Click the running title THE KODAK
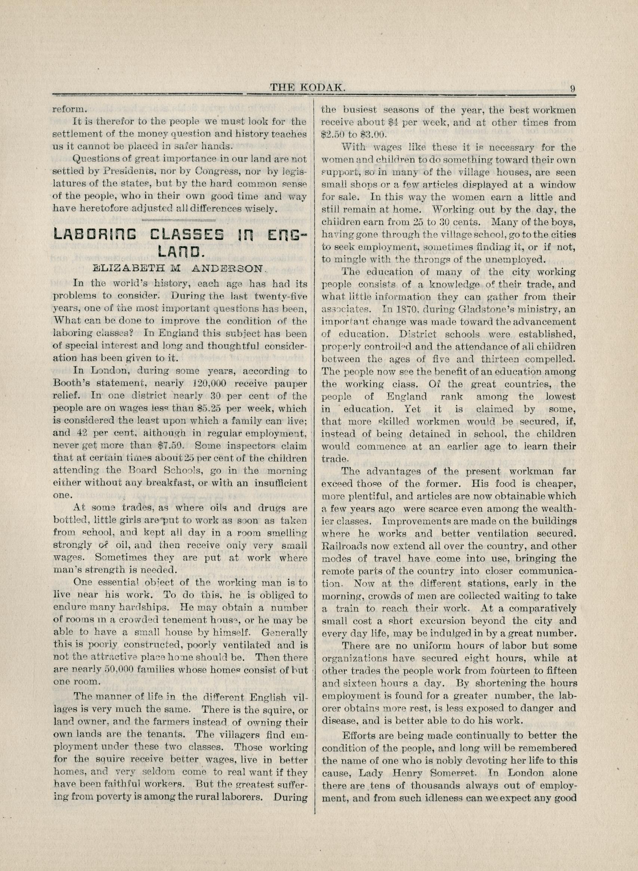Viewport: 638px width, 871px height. [x=307, y=88]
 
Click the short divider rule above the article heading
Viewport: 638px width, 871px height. [x=178, y=220]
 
